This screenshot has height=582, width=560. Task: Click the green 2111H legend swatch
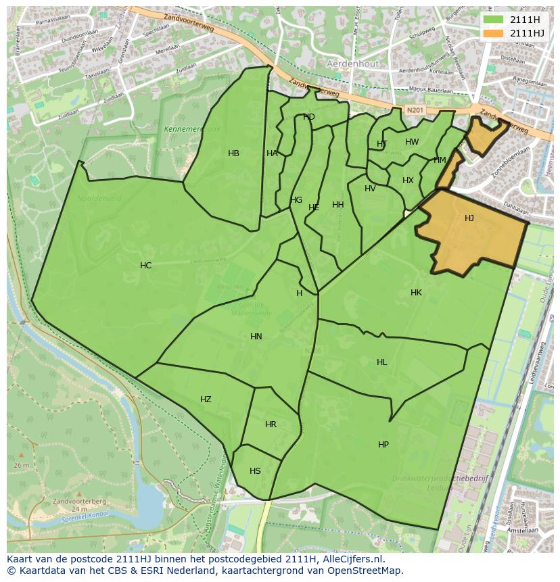click(x=494, y=20)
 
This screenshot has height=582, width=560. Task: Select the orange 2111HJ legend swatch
click(x=494, y=33)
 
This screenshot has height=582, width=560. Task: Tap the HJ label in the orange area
click(x=469, y=218)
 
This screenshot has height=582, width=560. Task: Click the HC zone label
click(x=145, y=266)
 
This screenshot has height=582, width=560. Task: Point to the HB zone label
click(x=233, y=153)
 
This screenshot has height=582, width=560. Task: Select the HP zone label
click(x=383, y=445)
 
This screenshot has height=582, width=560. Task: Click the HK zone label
click(x=416, y=293)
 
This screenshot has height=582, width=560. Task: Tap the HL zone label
click(x=382, y=362)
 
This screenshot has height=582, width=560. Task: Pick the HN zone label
click(x=256, y=337)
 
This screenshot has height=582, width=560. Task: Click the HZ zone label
click(x=206, y=399)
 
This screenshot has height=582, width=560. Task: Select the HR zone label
click(x=271, y=425)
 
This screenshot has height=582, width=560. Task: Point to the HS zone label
click(x=255, y=471)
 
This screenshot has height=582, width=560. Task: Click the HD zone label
click(x=308, y=117)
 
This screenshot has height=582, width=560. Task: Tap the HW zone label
click(x=412, y=142)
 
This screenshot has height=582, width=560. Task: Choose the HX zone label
click(x=408, y=180)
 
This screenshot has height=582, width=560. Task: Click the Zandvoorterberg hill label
click(x=89, y=501)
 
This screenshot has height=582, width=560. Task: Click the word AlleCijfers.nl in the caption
click(x=351, y=559)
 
